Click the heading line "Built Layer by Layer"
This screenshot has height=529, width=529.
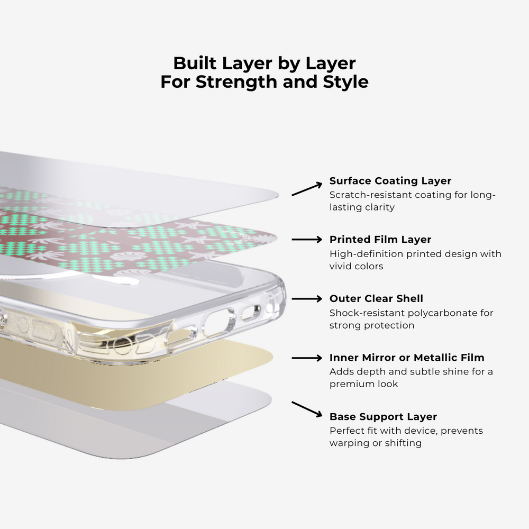pyautogui.click(x=264, y=63)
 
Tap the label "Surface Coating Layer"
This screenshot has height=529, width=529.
pyautogui.click(x=390, y=181)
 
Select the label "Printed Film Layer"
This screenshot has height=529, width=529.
pyautogui.click(x=380, y=240)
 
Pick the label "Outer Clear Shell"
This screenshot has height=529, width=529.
pyautogui.click(x=376, y=298)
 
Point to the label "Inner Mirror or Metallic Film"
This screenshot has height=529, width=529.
pyautogui.click(x=407, y=358)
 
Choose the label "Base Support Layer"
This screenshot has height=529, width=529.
pyautogui.click(x=383, y=417)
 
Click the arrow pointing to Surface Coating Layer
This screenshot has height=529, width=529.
pyautogui.click(x=307, y=189)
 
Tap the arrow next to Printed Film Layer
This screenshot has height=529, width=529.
pyautogui.click(x=307, y=240)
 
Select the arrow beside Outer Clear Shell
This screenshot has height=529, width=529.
pyautogui.click(x=307, y=298)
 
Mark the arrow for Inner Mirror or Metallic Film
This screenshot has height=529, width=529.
pyautogui.click(x=307, y=358)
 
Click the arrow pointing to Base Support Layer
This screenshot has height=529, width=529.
pyautogui.click(x=307, y=409)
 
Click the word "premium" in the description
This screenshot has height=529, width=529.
pyautogui.click(x=349, y=384)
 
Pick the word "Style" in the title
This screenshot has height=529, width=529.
pyautogui.click(x=345, y=82)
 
